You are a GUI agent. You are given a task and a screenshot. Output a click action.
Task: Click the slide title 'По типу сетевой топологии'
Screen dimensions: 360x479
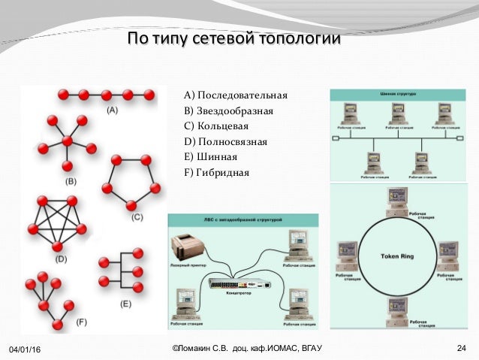pos(233,38)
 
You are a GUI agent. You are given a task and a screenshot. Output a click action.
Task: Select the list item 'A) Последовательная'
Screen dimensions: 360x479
pos(235,96)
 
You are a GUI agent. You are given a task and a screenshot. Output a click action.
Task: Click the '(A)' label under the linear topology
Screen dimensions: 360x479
pos(111,110)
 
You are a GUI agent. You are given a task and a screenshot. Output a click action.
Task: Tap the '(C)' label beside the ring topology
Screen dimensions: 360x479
pos(137,217)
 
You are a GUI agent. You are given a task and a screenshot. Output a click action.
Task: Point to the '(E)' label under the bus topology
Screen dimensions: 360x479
pos(125,304)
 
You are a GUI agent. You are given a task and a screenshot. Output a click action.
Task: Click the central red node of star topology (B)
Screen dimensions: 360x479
pos(68,141)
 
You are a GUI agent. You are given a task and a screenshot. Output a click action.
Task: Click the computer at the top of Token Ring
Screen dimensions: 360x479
pos(396,198)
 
